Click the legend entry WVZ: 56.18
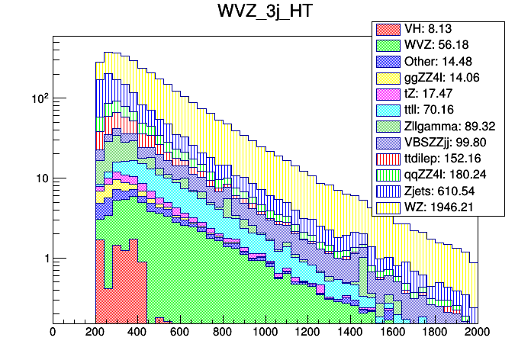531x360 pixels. coord(439,45)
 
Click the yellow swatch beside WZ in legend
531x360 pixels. coord(386,206)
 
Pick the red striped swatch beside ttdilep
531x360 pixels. coord(386,158)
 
